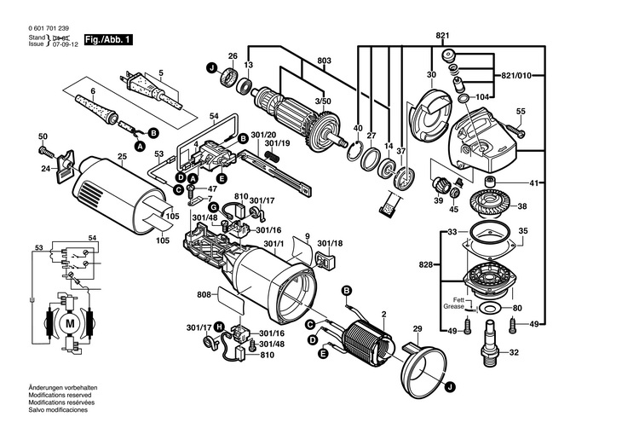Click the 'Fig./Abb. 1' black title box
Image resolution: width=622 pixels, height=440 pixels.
108,40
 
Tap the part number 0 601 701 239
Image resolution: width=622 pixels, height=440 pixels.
49,29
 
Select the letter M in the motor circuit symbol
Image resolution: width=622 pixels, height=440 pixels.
70,324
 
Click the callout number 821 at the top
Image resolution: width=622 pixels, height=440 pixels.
442,36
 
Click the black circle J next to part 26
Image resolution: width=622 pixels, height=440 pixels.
212,69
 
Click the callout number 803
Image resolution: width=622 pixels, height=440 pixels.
324,61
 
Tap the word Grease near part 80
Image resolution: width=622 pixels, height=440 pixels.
453,307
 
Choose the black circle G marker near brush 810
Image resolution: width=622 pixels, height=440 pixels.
213,207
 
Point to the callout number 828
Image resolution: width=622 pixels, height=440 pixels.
426,264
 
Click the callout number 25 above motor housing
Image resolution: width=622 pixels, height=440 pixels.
122,156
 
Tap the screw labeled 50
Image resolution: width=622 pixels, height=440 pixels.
46,151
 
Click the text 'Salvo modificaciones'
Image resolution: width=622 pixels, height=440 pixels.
58,410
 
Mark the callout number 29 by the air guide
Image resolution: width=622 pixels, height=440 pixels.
418,329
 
